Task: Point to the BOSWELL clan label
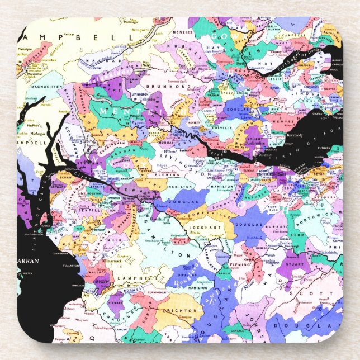[x=131, y=290]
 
